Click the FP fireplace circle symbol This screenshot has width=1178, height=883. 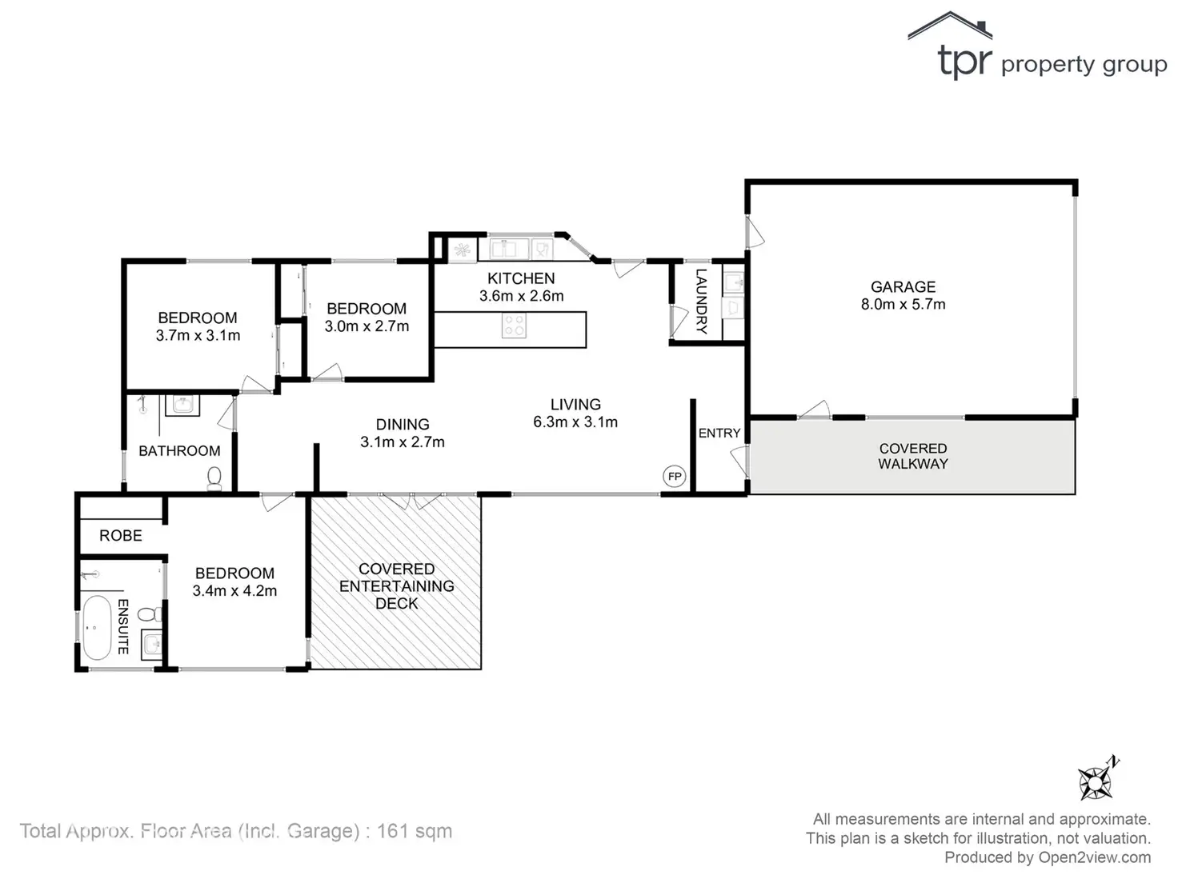675,477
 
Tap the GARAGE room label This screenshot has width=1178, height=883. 903,286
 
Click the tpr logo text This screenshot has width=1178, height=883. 965,62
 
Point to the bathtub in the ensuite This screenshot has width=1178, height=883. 98,626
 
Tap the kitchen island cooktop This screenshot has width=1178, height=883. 514,326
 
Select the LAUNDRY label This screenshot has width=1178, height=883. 702,301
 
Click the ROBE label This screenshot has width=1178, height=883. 121,536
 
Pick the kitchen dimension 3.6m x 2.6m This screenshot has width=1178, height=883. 521,296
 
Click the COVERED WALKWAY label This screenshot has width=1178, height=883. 912,456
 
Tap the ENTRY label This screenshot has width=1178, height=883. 719,434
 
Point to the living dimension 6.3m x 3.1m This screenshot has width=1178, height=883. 575,422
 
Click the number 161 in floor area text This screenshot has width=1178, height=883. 393,831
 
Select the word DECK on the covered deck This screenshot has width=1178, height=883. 396,604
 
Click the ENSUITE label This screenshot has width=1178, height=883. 123,626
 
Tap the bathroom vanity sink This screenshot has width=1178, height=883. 182,405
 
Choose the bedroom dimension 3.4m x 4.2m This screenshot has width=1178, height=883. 234,591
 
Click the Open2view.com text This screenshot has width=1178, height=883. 1094,857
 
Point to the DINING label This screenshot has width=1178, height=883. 403,425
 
